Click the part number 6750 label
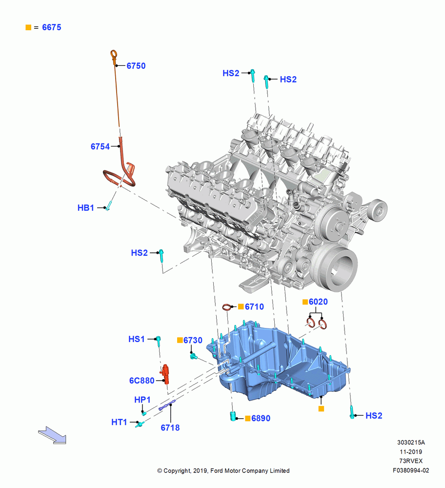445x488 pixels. click(x=136, y=66)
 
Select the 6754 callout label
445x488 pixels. click(x=100, y=146)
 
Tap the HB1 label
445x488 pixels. click(x=85, y=207)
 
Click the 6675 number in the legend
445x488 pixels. click(x=52, y=27)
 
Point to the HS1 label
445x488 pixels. click(x=137, y=339)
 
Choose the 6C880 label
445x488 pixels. click(x=142, y=381)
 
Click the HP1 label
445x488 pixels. click(x=142, y=400)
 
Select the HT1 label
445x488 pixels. click(x=119, y=422)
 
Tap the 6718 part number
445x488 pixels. click(x=170, y=427)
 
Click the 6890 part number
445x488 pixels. click(x=261, y=418)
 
